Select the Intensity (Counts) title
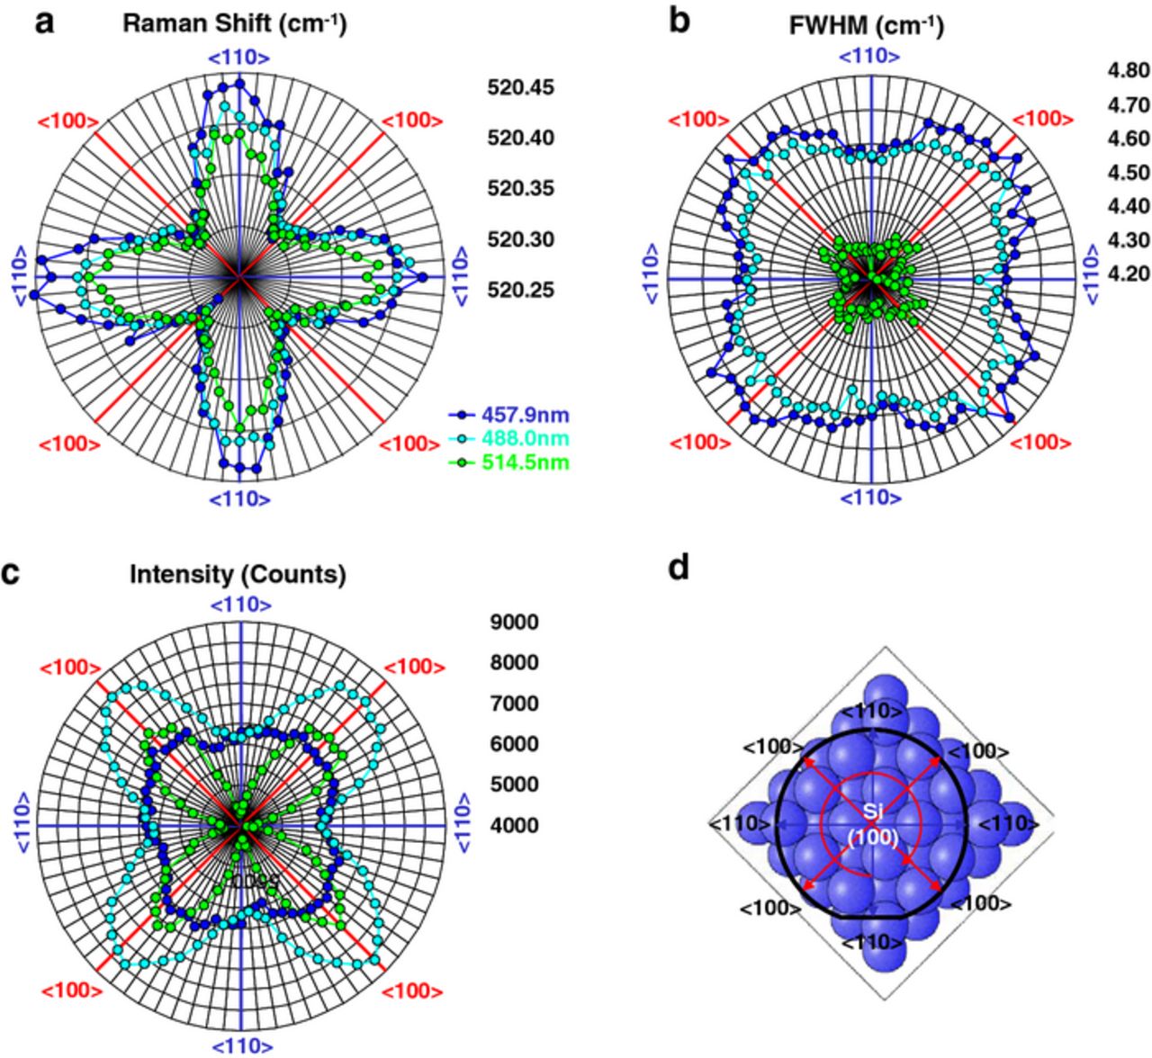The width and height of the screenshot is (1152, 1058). pos(238,574)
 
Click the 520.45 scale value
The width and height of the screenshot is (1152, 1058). pos(521,88)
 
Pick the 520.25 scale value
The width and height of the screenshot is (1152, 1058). pos(521,291)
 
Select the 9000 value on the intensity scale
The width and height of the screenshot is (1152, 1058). pos(514,622)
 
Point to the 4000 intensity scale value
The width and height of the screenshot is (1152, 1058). pos(514,825)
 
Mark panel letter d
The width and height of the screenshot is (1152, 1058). pos(682,569)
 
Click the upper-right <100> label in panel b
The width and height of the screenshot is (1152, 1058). pos(1043,119)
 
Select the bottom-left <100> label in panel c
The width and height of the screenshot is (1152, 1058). pos(70,991)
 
